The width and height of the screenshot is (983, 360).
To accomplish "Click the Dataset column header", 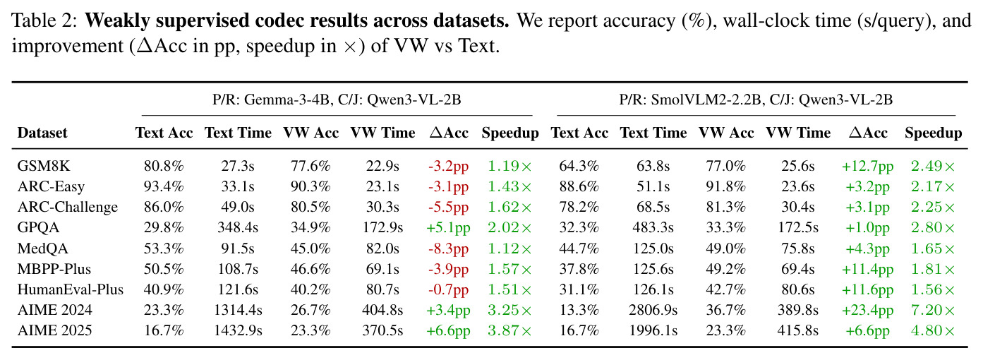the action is click(42, 133).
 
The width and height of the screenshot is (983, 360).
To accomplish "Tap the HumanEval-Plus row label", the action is click(71, 289).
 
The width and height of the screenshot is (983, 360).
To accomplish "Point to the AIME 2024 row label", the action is click(55, 310).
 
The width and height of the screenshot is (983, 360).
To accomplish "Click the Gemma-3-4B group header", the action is click(337, 100).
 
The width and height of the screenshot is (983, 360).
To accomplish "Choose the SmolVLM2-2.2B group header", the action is click(756, 100).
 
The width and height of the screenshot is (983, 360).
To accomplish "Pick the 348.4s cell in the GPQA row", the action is click(238, 227).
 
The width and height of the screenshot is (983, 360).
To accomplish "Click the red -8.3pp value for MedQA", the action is click(449, 249).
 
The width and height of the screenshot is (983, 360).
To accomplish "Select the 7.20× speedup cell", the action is click(933, 310).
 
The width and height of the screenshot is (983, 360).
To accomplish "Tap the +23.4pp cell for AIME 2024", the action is click(867, 311).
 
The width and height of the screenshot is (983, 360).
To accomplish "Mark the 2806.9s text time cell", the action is click(653, 310).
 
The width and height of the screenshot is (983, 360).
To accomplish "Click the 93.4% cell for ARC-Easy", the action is click(164, 186).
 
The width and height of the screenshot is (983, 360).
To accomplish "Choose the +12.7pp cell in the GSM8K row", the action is click(867, 167).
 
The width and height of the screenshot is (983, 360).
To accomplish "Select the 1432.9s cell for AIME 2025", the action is click(238, 330).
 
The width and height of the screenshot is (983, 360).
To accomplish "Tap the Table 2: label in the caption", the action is click(44, 20).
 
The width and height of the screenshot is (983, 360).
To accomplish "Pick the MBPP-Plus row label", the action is click(54, 269).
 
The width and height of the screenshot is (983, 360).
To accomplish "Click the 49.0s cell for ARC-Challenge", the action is click(238, 207).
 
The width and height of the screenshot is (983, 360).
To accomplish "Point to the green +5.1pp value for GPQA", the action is click(449, 228).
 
